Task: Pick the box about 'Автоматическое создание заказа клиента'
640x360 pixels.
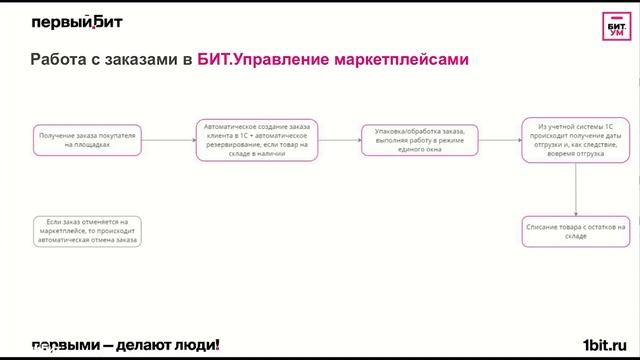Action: [256, 139]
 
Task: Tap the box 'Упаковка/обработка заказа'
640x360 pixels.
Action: [420, 139]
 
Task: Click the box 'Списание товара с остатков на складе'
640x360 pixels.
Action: [575, 232]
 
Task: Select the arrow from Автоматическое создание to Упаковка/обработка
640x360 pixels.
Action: [338, 140]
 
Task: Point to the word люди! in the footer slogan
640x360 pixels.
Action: [197, 345]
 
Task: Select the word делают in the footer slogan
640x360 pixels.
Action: [142, 345]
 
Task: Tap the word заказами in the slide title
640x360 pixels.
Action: [143, 61]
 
